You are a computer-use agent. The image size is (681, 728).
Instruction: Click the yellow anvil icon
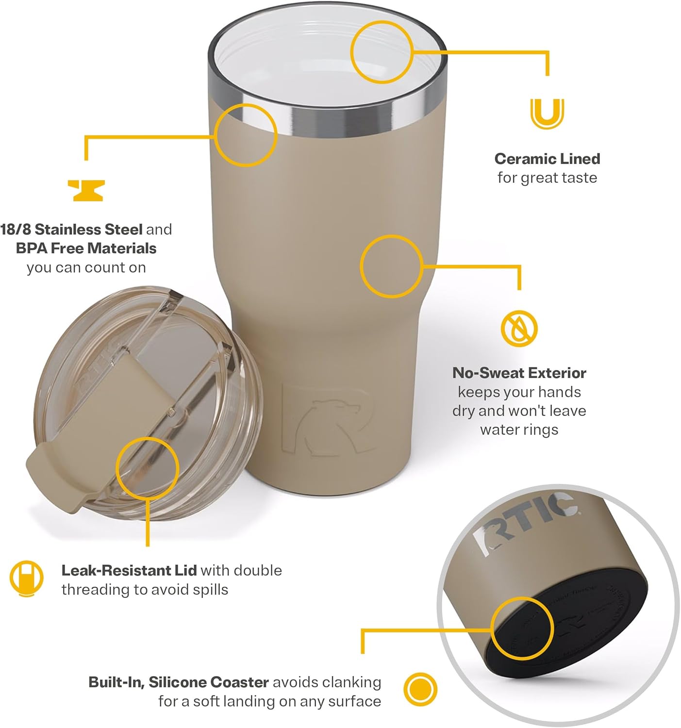click(86, 190)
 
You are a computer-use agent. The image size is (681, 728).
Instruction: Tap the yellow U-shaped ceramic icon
click(547, 114)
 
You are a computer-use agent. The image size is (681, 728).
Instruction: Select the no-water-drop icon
click(519, 328)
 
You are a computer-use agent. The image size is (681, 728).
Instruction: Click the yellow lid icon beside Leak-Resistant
click(26, 579)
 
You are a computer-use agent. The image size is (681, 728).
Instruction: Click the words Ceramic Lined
click(547, 159)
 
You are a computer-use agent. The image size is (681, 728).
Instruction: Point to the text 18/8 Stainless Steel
click(71, 229)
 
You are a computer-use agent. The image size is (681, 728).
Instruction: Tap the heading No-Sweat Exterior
click(519, 373)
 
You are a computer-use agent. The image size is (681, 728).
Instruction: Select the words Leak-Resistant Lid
click(129, 570)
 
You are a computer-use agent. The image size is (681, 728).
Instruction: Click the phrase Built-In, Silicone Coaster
click(178, 682)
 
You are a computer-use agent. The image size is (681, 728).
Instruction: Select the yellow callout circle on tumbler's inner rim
click(382, 52)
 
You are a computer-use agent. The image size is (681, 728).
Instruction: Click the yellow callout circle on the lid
click(148, 468)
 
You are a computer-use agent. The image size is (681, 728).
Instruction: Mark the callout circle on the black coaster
click(522, 629)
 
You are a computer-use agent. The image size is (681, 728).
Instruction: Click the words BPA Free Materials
click(86, 248)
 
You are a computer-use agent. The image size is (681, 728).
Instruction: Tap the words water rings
click(519, 430)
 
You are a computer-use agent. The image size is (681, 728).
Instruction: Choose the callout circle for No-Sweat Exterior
click(391, 266)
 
